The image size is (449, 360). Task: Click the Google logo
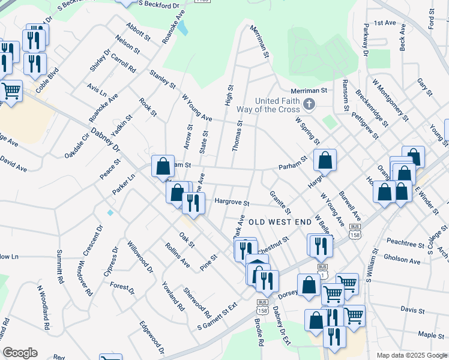tap(20, 353)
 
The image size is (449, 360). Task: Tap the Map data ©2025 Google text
tap(412, 355)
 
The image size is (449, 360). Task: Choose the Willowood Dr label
tap(140, 256)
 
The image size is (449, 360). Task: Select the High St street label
tap(229, 96)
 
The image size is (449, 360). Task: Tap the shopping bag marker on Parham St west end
tap(163, 166)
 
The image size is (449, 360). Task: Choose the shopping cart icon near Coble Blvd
tap(11, 91)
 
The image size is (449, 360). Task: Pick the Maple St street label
tap(430, 335)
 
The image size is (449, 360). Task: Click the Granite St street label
tap(280, 202)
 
